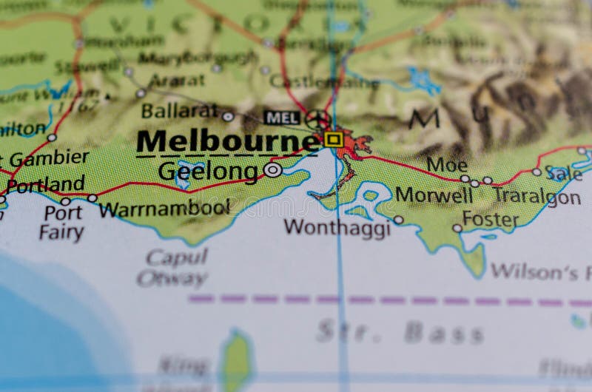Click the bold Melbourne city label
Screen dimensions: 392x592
click(x=228, y=141)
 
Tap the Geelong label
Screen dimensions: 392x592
click(x=209, y=170)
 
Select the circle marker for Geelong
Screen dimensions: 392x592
click(x=273, y=170)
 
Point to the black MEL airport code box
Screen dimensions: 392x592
click(x=282, y=118)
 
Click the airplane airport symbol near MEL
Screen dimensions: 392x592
click(x=317, y=118)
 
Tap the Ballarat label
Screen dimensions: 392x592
click(x=179, y=112)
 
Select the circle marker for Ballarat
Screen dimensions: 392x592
click(x=228, y=116)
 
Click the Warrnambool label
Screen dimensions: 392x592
click(x=164, y=209)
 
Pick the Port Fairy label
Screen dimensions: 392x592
click(x=62, y=223)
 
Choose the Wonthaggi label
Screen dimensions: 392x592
click(x=337, y=227)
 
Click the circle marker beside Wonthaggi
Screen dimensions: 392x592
click(x=398, y=220)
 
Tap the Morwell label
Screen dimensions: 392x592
click(x=434, y=196)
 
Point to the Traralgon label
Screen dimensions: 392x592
click(x=536, y=197)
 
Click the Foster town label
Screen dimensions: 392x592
click(x=491, y=220)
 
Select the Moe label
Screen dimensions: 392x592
click(x=447, y=165)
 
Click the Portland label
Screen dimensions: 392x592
click(x=46, y=184)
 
